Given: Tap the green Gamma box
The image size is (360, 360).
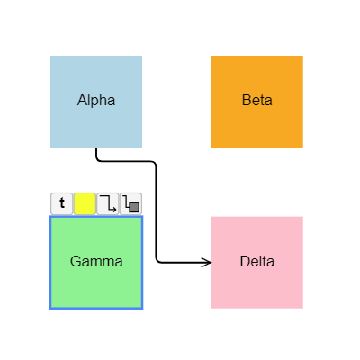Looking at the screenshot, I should point(96,283).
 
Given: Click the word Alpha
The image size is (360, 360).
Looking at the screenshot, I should point(96,100).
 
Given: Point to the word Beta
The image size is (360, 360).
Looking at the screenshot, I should point(257,100).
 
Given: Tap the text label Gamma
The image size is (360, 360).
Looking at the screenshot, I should point(96,262).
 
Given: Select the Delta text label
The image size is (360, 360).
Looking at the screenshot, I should point(257,262).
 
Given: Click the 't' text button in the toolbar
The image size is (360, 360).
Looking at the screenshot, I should point(61,203).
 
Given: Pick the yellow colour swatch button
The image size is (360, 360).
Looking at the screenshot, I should point(85,203).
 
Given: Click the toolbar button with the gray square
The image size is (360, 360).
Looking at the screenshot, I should point(131,203).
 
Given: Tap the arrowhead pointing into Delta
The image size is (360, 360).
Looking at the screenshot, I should point(207,262).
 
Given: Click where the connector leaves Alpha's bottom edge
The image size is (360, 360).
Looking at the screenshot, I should point(96,148).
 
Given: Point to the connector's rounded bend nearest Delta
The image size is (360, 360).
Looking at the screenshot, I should point(158,260).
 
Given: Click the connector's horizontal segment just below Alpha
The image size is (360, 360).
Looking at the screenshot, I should point(126,161).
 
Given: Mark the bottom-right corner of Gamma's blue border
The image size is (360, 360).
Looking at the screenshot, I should point(142,308).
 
